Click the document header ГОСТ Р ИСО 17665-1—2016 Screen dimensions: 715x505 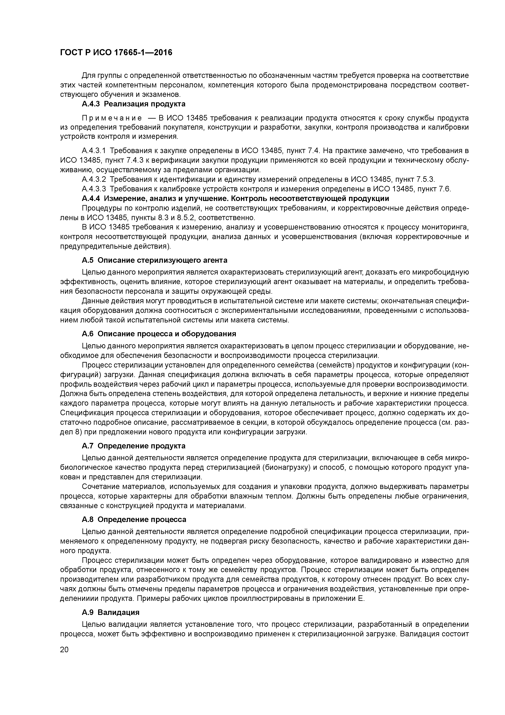pyautogui.click(x=116, y=53)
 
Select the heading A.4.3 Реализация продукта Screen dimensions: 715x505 pyautogui.click(x=134, y=104)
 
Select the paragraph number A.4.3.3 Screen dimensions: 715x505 pyautogui.click(x=94, y=189)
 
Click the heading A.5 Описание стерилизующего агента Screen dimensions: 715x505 pyautogui.click(x=155, y=260)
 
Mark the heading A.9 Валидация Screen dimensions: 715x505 pyautogui.click(x=110, y=612)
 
